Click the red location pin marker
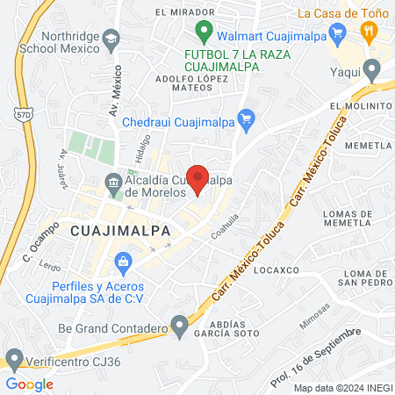[198, 178]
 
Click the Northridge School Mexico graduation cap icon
[111, 39]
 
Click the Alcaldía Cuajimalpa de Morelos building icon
[114, 183]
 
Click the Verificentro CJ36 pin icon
[13, 358]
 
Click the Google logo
[30, 384]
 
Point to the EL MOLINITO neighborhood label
[358, 105]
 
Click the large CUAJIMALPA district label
[118, 230]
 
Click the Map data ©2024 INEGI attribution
[342, 387]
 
